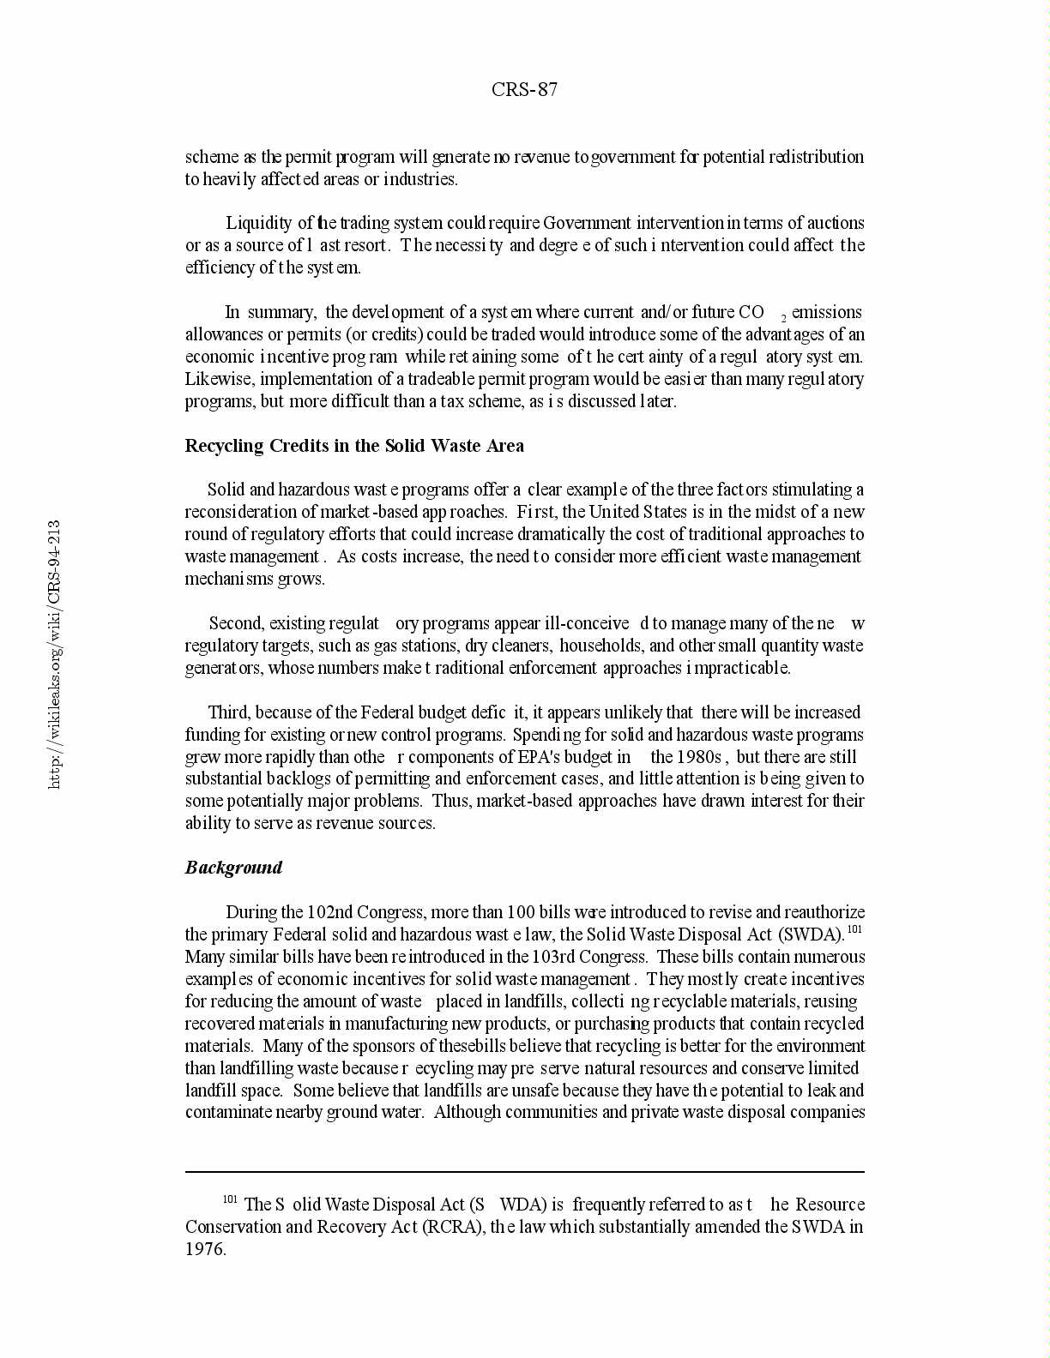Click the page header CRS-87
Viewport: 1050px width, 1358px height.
coord(525,90)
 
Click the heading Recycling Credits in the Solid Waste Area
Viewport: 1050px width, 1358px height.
coord(354,446)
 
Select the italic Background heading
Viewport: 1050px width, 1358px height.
coord(233,868)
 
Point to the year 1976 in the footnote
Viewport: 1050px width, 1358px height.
coord(206,1249)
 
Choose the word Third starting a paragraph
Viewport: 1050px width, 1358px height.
coord(229,712)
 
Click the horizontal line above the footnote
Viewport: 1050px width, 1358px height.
coord(525,1171)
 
